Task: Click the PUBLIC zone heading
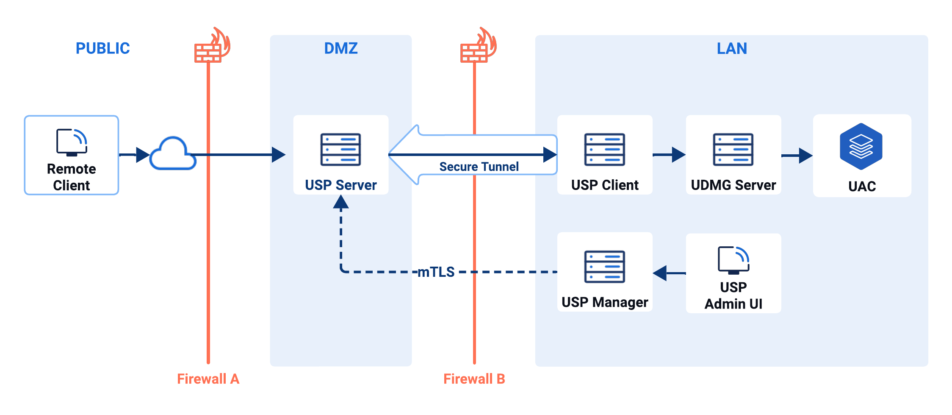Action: [102, 48]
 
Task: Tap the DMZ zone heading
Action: [340, 48]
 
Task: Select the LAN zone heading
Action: [731, 48]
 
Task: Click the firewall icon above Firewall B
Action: [477, 47]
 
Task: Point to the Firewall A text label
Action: [208, 379]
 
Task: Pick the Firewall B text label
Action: [474, 379]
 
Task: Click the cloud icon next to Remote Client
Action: [173, 154]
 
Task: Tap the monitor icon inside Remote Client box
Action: [72, 142]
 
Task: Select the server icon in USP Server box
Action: [340, 149]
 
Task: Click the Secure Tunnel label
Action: [479, 167]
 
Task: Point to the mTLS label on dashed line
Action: [436, 272]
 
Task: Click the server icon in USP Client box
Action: [604, 149]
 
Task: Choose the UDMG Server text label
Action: [733, 185]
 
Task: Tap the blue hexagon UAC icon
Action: [861, 146]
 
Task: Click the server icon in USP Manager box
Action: [604, 267]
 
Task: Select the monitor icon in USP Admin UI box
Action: [733, 260]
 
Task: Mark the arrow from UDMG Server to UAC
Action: [797, 156]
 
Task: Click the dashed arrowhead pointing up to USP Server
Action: [341, 202]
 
